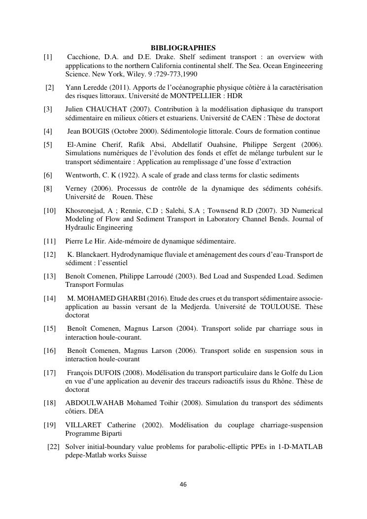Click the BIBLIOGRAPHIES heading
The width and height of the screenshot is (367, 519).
pos(183,48)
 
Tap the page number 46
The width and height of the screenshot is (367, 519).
pos(183,484)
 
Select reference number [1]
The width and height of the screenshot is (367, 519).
pos(48,57)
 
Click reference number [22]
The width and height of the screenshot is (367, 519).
pos(53,447)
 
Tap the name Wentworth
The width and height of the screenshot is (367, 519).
pos(82,175)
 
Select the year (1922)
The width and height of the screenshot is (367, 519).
pos(127,175)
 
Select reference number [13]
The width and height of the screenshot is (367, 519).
pos(50,277)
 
